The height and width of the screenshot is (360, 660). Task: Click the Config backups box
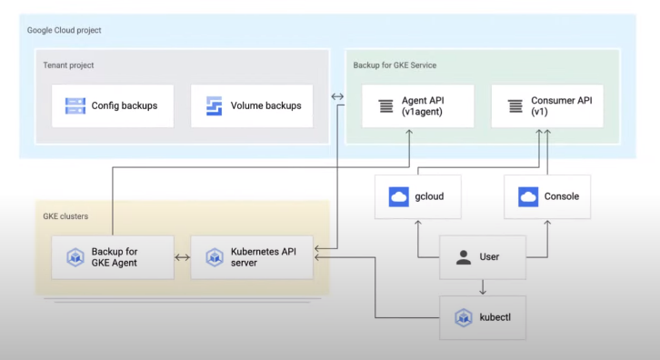point(113,105)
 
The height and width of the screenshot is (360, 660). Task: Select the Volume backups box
point(252,105)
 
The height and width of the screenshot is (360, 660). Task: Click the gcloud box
point(417,196)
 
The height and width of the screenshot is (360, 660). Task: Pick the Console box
point(547,196)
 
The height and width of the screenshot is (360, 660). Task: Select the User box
point(483,257)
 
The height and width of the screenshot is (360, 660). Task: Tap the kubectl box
point(483,317)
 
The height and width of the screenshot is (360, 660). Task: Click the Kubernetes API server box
point(252,257)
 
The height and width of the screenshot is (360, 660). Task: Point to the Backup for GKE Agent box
point(113,257)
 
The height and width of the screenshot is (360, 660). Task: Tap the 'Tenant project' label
point(68,65)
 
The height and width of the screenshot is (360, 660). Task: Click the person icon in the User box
point(464,257)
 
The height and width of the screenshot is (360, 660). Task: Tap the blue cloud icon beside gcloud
point(397,196)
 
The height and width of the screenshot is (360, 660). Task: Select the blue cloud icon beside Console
point(527,196)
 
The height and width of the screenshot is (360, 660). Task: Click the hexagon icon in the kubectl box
point(464,317)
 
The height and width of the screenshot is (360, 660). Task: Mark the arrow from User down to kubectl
point(483,286)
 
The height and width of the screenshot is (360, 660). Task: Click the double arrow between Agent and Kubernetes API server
point(182,257)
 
